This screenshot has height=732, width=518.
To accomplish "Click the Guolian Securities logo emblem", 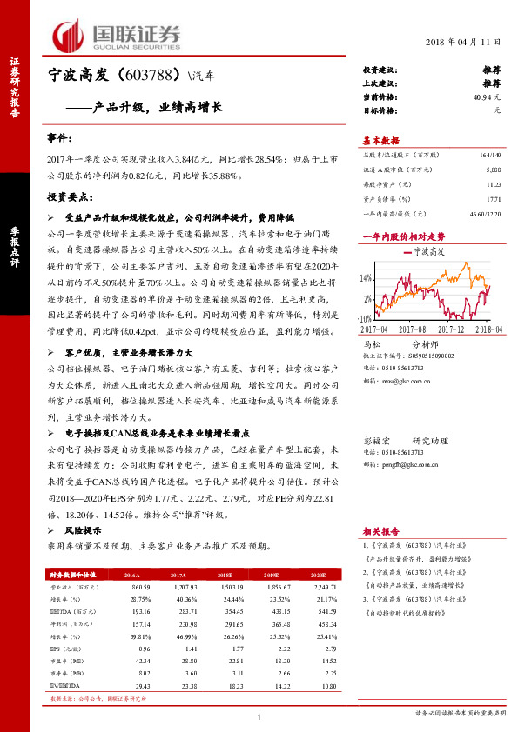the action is pos(69,34).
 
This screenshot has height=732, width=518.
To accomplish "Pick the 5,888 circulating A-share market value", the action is pos(493,169).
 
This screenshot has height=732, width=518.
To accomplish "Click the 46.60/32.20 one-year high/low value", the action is pos(483,213).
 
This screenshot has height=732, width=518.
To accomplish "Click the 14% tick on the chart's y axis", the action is pos(367,279).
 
